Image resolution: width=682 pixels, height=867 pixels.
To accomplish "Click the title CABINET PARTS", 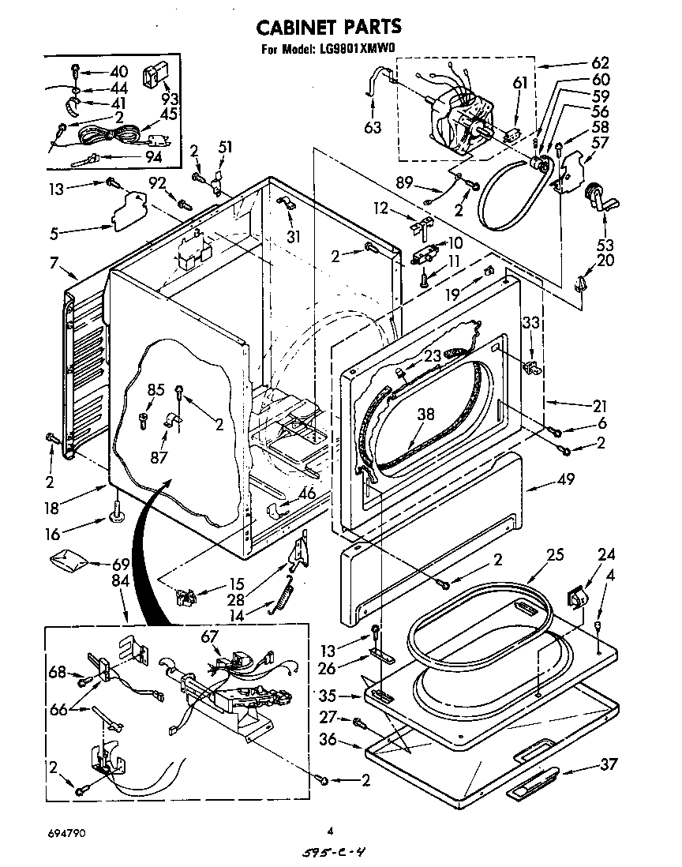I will [329, 27].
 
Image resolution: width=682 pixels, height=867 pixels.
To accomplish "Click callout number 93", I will [169, 99].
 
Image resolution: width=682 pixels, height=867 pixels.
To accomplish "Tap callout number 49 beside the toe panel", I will [565, 479].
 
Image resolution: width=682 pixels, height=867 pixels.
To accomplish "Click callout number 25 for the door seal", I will [556, 555].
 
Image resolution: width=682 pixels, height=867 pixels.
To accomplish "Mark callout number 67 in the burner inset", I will [209, 637].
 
